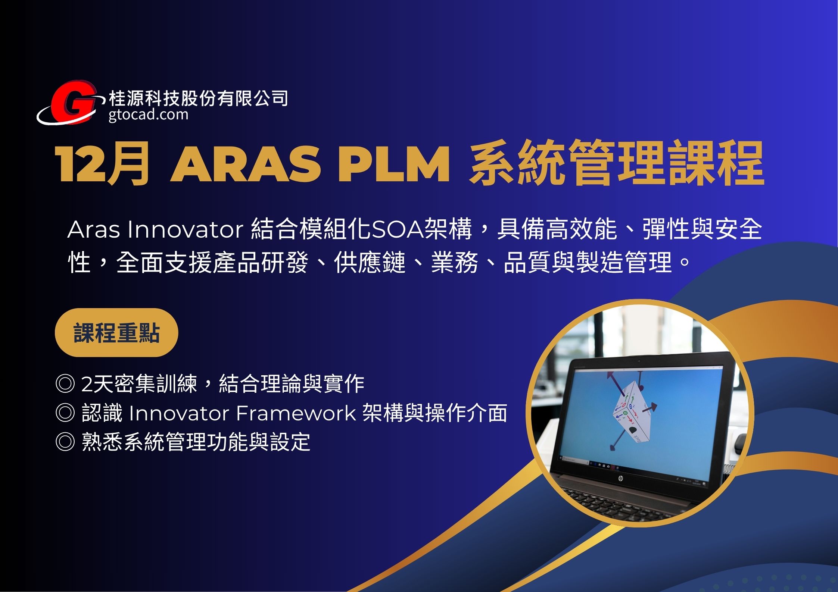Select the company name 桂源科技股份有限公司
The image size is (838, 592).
pos(198,98)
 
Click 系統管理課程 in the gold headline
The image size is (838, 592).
pos(616,164)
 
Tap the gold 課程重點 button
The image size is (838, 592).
pos(116,332)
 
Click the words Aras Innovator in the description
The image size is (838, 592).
pos(155,229)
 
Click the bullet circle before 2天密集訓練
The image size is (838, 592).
pos(65,383)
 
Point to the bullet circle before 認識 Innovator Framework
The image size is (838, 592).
pos(65,413)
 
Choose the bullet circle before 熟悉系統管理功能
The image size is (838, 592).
pos(65,442)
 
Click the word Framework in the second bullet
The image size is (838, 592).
pos(296,413)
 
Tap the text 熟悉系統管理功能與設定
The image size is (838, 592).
pos(196,442)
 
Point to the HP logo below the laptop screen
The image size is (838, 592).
pos(621,479)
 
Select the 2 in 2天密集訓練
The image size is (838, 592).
pos(87,384)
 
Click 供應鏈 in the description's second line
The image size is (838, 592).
pos(370,262)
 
